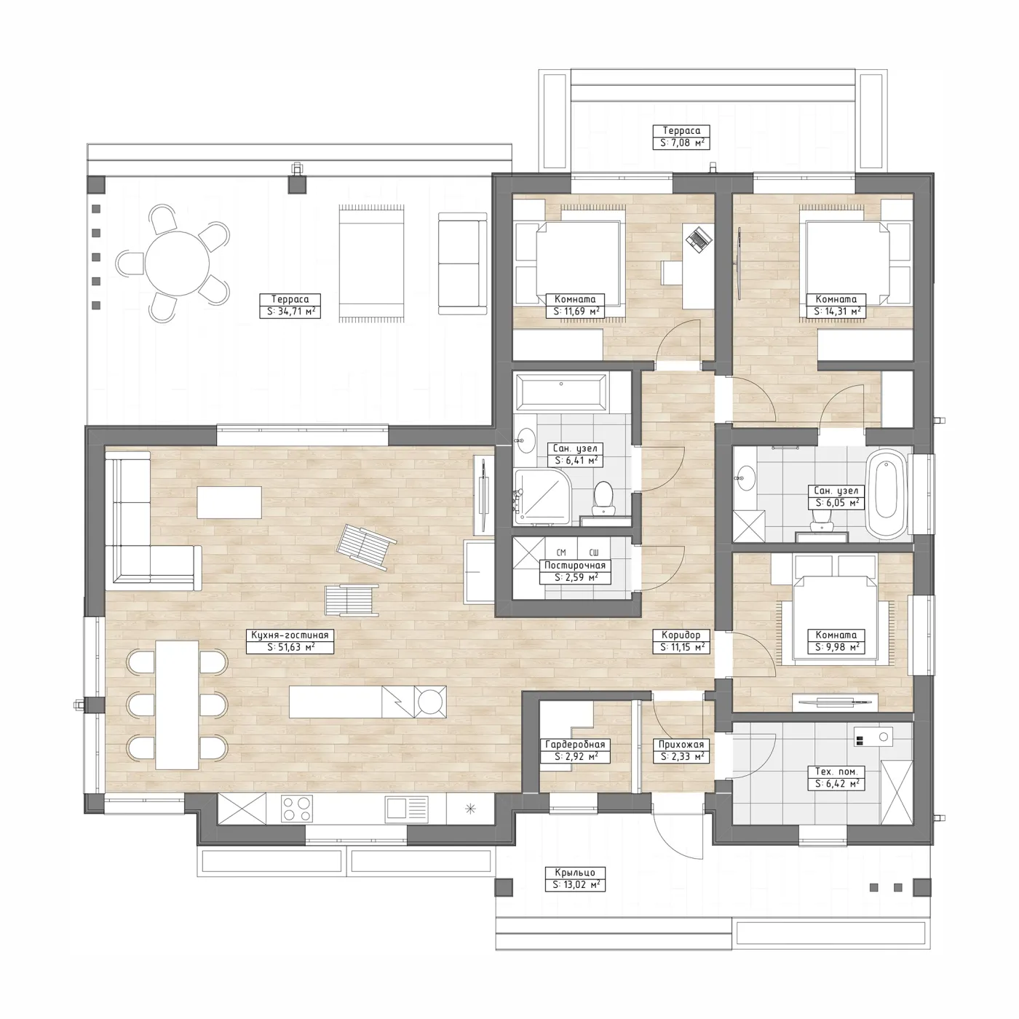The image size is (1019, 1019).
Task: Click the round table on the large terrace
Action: (x=177, y=263)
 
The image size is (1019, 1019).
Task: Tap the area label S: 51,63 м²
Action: (x=290, y=647)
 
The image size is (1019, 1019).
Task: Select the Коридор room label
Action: (x=681, y=635)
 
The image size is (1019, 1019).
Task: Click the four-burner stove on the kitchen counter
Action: (x=296, y=809)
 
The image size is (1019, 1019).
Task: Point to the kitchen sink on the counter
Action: (x=405, y=809)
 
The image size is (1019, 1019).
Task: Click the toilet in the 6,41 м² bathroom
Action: (x=603, y=498)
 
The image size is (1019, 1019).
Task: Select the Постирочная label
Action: (x=575, y=566)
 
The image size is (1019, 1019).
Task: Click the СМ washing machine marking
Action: (x=562, y=552)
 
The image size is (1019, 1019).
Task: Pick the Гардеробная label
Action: (x=575, y=745)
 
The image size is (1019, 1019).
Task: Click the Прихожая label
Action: (x=681, y=745)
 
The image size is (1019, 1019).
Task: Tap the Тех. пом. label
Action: (x=836, y=772)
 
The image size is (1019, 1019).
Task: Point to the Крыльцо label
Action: (x=575, y=873)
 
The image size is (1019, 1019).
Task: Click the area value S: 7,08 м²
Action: (x=681, y=142)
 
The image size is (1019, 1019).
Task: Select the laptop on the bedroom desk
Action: (x=698, y=239)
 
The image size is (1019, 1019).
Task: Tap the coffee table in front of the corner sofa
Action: (x=229, y=502)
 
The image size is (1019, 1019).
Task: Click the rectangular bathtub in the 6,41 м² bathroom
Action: (x=561, y=392)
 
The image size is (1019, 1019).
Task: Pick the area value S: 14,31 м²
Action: (x=836, y=312)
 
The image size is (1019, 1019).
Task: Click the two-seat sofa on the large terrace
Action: (x=463, y=263)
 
